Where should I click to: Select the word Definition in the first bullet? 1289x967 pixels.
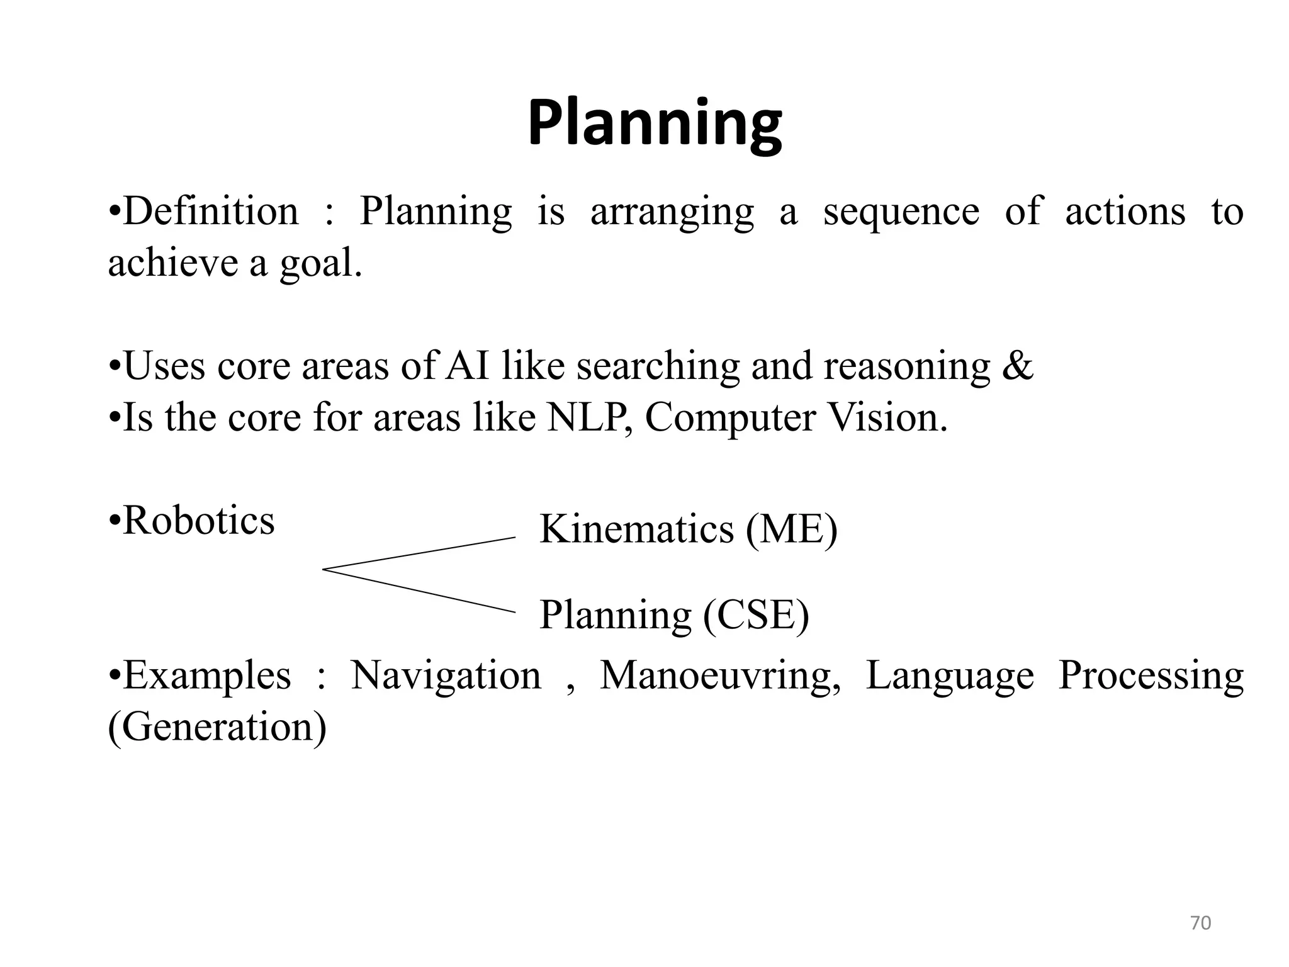pos(211,212)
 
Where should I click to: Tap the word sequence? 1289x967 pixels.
pos(901,212)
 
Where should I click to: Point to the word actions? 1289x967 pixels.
pos(1125,212)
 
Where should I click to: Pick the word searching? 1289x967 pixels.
pos(658,366)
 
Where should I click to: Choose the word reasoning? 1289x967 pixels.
pos(906,366)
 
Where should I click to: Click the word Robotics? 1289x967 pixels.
pos(198,521)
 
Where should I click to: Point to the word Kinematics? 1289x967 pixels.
pos(636,529)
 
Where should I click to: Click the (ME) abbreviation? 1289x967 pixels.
pos(792,529)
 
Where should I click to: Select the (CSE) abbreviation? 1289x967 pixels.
pos(756,616)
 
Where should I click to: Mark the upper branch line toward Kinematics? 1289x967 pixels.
pos(419,553)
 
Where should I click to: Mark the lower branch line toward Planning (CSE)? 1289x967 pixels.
pos(419,591)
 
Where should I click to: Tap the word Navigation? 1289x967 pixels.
pos(446,676)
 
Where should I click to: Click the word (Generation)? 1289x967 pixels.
pos(217,728)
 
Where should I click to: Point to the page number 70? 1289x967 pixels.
pos(1200,923)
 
